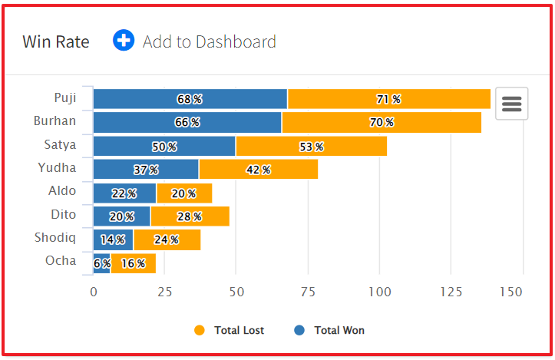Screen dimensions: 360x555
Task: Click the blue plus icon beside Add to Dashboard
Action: [124, 41]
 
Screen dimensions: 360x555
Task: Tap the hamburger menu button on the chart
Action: [511, 104]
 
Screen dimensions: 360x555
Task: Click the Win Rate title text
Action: [56, 41]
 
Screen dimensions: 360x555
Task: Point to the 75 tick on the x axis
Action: [308, 292]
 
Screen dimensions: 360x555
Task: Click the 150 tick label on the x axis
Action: [511, 292]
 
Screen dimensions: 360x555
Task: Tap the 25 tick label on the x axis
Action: [165, 292]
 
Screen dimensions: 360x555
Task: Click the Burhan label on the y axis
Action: [55, 121]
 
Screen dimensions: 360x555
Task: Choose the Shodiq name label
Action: [55, 237]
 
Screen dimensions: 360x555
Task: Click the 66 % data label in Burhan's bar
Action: [187, 123]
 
